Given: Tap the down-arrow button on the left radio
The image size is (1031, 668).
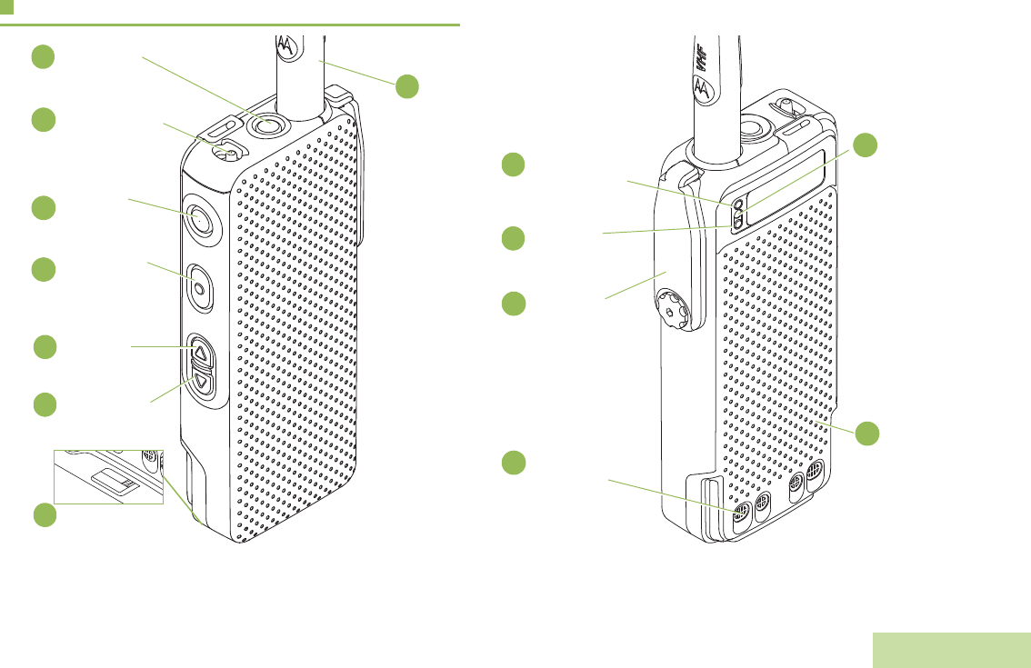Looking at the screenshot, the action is pyautogui.click(x=203, y=383).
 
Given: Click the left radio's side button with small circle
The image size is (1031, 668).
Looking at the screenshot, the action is pyautogui.click(x=201, y=285).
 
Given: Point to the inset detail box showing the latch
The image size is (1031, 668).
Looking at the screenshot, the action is pyautogui.click(x=108, y=476).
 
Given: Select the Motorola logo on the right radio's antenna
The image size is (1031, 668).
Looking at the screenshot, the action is pyautogui.click(x=702, y=88).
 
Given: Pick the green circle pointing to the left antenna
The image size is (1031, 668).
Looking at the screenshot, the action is pyautogui.click(x=406, y=86).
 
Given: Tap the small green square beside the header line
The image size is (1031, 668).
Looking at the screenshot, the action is pyautogui.click(x=6, y=7).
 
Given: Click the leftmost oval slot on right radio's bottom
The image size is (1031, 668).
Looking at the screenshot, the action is pyautogui.click(x=741, y=513).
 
